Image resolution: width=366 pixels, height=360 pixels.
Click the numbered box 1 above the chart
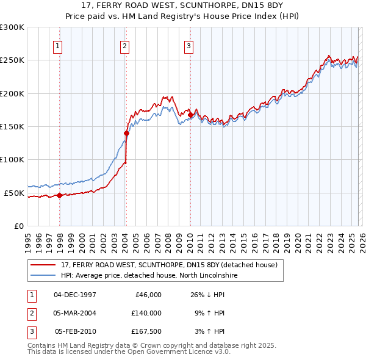pos(57,45)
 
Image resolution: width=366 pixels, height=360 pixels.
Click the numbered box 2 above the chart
pos(124,45)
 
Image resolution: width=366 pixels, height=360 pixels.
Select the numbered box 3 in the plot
pos(189,45)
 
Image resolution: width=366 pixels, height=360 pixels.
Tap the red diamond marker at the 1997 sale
pos(59,196)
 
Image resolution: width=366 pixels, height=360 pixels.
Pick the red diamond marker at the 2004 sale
pos(126,133)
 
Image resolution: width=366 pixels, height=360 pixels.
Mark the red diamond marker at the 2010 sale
pos(190,115)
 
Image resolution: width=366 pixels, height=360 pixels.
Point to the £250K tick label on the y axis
pos(12,60)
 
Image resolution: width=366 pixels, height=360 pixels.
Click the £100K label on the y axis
pos(12,160)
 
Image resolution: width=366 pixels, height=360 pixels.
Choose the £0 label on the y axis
pos(18,226)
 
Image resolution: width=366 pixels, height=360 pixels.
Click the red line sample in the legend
pos(44,265)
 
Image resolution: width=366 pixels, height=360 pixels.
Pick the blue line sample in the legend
pos(44,275)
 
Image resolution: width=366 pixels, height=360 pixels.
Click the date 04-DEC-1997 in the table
pos(75,295)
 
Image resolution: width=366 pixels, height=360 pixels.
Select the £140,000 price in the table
pos(146,313)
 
